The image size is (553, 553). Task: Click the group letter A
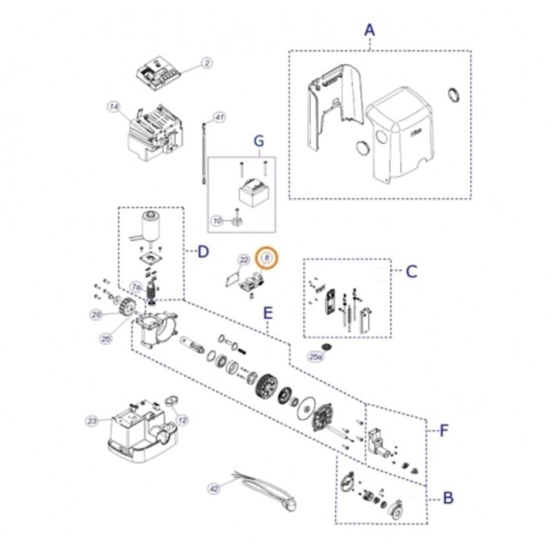369,30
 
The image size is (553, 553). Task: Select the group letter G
259,142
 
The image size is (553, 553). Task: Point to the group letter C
411,271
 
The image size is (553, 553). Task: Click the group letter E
268,312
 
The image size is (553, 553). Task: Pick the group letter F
444,431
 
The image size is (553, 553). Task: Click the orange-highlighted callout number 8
267,258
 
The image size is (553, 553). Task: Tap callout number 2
207,63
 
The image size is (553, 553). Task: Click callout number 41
219,118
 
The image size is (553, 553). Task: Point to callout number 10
217,221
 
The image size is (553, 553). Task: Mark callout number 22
243,260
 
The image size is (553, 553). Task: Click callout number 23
92,420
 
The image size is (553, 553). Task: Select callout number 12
182,420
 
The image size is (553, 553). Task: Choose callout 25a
315,357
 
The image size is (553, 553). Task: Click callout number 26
96,315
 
